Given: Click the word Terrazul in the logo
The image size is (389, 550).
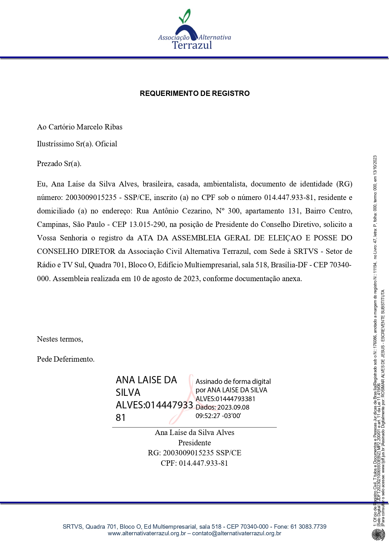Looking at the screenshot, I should pyautogui.click(x=192, y=45).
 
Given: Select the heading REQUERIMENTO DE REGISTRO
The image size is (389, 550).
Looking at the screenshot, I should pyautogui.click(x=195, y=93).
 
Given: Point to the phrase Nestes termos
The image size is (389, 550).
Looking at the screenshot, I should pyautogui.click(x=60, y=339).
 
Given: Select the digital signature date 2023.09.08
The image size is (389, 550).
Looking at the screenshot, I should pyautogui.click(x=233, y=407).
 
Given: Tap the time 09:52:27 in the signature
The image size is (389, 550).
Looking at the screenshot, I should pyautogui.click(x=208, y=416).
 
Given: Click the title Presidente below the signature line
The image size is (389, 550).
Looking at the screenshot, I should pyautogui.click(x=194, y=443).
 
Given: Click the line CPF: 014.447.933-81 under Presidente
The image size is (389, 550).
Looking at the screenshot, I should pyautogui.click(x=194, y=463).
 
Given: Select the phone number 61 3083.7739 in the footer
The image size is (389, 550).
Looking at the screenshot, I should pyautogui.click(x=308, y=526).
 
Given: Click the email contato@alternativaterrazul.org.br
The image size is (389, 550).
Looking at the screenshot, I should pyautogui.click(x=237, y=533).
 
